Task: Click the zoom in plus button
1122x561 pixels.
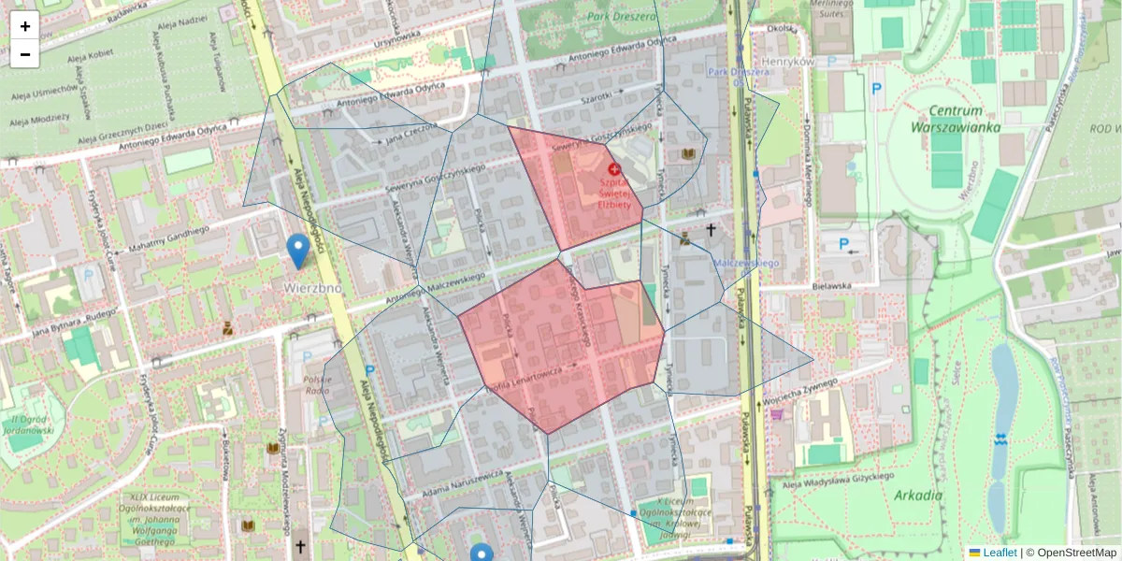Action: [x=25, y=26]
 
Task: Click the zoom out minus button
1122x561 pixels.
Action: [x=25, y=54]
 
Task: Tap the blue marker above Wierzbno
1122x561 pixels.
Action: [x=298, y=251]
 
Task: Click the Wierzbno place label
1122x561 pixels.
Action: [x=313, y=288]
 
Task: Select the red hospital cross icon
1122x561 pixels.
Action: [x=614, y=169]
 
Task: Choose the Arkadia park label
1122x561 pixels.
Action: [x=917, y=495]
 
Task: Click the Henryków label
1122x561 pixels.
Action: [x=789, y=62]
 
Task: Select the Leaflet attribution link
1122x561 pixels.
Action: [x=1000, y=553]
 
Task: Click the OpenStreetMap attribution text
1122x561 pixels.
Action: [x=1077, y=553]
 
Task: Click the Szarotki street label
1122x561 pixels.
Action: [x=596, y=96]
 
